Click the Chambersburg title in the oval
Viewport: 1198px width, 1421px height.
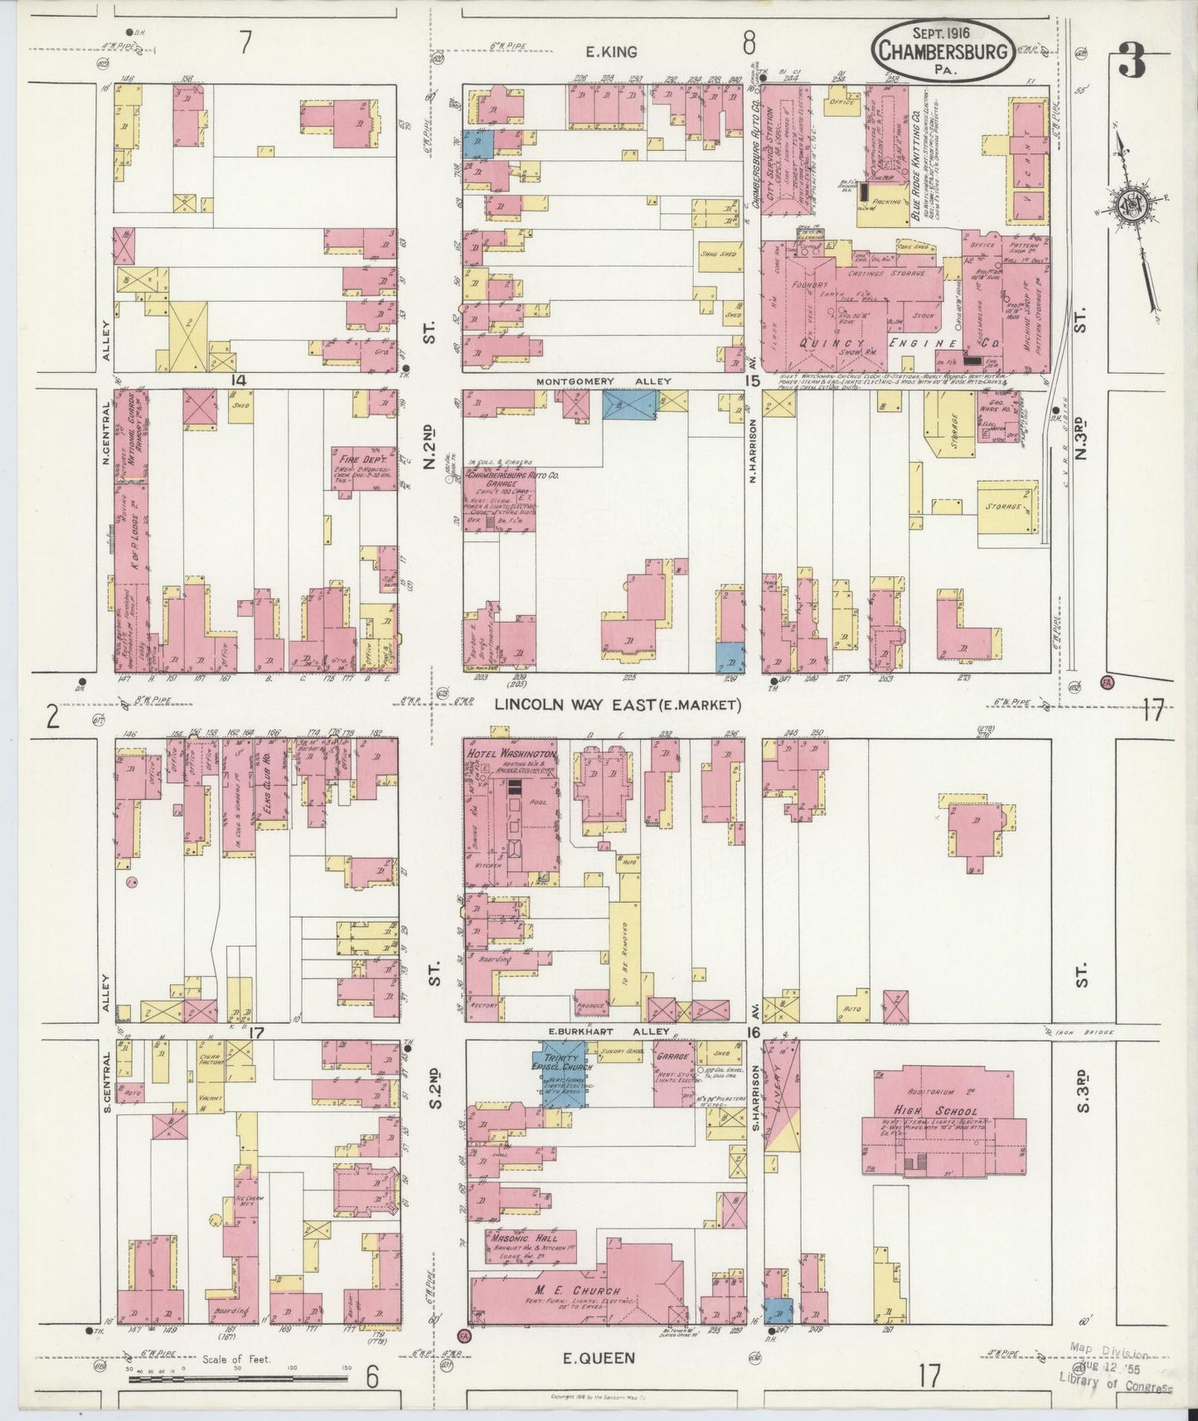pyautogui.click(x=943, y=51)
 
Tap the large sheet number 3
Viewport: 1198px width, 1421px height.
pyautogui.click(x=1132, y=61)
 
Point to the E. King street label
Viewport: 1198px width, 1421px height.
pyautogui.click(x=611, y=51)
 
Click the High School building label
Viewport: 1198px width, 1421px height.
pyautogui.click(x=945, y=1111)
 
